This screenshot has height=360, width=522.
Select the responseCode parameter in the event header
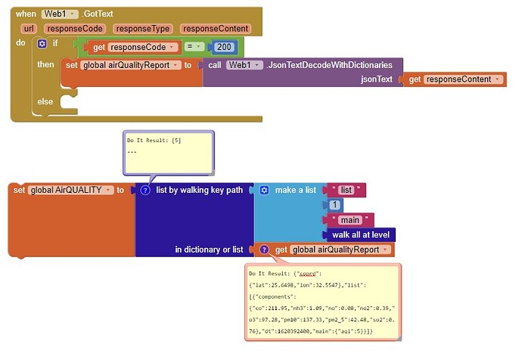coord(76,29)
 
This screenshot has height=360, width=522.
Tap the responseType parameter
coord(143,29)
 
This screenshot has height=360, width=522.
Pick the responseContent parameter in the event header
coord(216,29)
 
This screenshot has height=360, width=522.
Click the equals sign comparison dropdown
coord(194,47)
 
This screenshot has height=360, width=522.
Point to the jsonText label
coord(375,79)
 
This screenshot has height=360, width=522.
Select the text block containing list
coord(347,190)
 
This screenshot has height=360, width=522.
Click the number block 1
coord(334,205)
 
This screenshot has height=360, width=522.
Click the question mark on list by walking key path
coord(145,190)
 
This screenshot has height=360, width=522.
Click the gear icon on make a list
coord(264,190)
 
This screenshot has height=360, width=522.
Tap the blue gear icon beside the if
coord(42,44)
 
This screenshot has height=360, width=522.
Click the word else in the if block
coord(45,101)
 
